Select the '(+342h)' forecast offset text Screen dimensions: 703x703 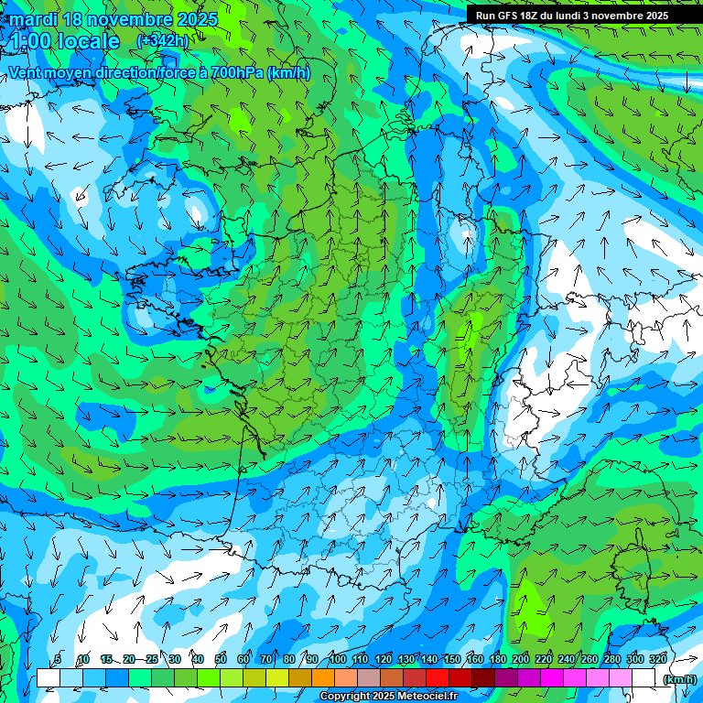162,41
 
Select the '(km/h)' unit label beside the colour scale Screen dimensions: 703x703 679,678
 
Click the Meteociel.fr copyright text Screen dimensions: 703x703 388,697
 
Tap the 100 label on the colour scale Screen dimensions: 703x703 338,659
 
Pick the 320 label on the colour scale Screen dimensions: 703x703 658,659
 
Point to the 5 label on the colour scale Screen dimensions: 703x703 59,659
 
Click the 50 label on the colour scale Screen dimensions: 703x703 221,659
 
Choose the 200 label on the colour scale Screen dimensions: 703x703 521,659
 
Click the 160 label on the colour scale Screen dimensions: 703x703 475,659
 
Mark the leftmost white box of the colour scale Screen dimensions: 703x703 49,678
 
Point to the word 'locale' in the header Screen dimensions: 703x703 89,41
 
